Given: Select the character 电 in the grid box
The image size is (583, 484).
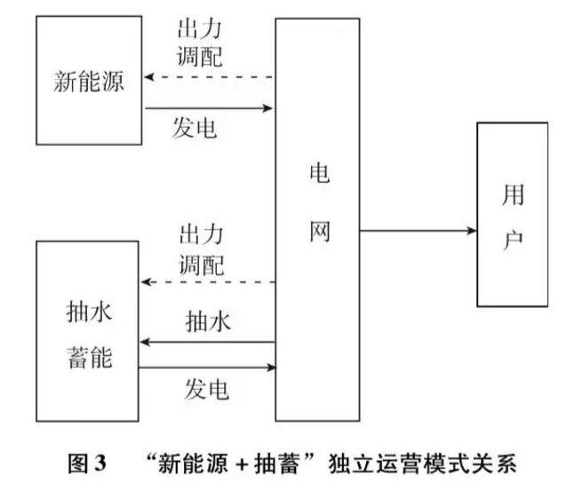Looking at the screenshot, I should [317, 174].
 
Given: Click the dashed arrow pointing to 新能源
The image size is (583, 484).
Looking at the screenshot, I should [209, 77].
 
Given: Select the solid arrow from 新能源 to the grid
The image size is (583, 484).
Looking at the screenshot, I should [209, 109].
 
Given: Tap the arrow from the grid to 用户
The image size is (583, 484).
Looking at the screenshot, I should [419, 231].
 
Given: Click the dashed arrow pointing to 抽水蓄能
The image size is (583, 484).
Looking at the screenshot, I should [209, 282].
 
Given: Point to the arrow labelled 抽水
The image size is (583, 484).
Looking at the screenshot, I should [209, 341].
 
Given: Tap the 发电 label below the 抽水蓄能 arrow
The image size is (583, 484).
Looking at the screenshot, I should [207, 388].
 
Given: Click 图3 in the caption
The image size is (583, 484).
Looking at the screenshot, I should [88, 463].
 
